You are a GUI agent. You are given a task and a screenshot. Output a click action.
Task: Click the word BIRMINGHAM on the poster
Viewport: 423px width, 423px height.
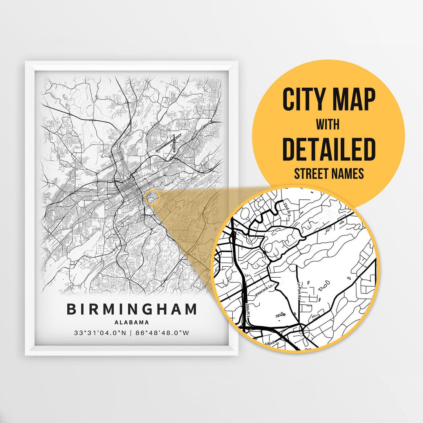(x=132, y=309)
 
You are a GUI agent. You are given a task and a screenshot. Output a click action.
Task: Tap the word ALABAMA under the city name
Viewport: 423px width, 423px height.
(x=132, y=323)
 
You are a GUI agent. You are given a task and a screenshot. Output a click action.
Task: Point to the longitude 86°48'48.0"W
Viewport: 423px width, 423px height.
(x=164, y=333)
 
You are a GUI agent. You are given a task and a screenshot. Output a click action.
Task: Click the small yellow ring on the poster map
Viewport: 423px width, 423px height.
(x=152, y=197)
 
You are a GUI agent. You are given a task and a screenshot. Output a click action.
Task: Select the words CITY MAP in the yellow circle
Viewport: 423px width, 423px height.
(x=329, y=99)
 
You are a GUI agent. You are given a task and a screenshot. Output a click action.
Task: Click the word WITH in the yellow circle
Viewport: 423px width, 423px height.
(x=328, y=125)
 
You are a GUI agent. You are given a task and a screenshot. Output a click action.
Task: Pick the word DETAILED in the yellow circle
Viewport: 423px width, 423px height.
(x=329, y=149)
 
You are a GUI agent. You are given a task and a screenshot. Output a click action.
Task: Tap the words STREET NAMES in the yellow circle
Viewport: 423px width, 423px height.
(x=329, y=173)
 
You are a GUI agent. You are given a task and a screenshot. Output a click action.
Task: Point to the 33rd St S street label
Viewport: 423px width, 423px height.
(x=287, y=210)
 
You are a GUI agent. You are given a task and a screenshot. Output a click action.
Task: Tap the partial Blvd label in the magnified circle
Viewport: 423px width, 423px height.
(x=269, y=343)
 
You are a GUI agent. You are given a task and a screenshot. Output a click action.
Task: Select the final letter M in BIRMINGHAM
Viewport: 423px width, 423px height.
(x=191, y=309)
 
